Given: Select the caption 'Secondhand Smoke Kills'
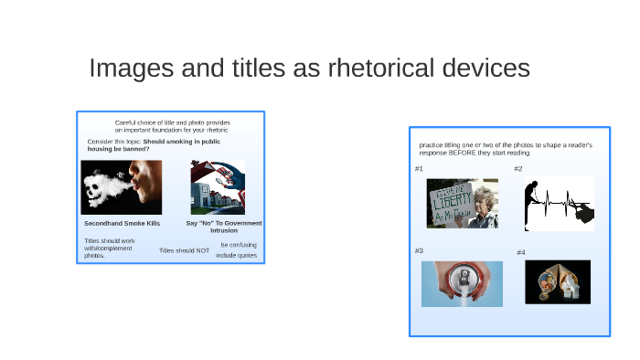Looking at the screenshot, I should tap(122, 223).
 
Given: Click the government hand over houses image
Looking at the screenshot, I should tap(218, 187).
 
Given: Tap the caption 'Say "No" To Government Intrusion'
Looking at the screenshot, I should tap(224, 227).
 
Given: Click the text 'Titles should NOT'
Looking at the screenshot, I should tap(184, 250).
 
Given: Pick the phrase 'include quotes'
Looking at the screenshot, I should tap(236, 256).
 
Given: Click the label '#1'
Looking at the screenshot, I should tap(419, 169).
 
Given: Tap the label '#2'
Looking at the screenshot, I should tap(518, 169).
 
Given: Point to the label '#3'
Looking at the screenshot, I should tap(419, 250).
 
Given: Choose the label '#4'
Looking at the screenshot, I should tap(520, 252).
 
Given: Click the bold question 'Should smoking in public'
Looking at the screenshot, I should tap(181, 142).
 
